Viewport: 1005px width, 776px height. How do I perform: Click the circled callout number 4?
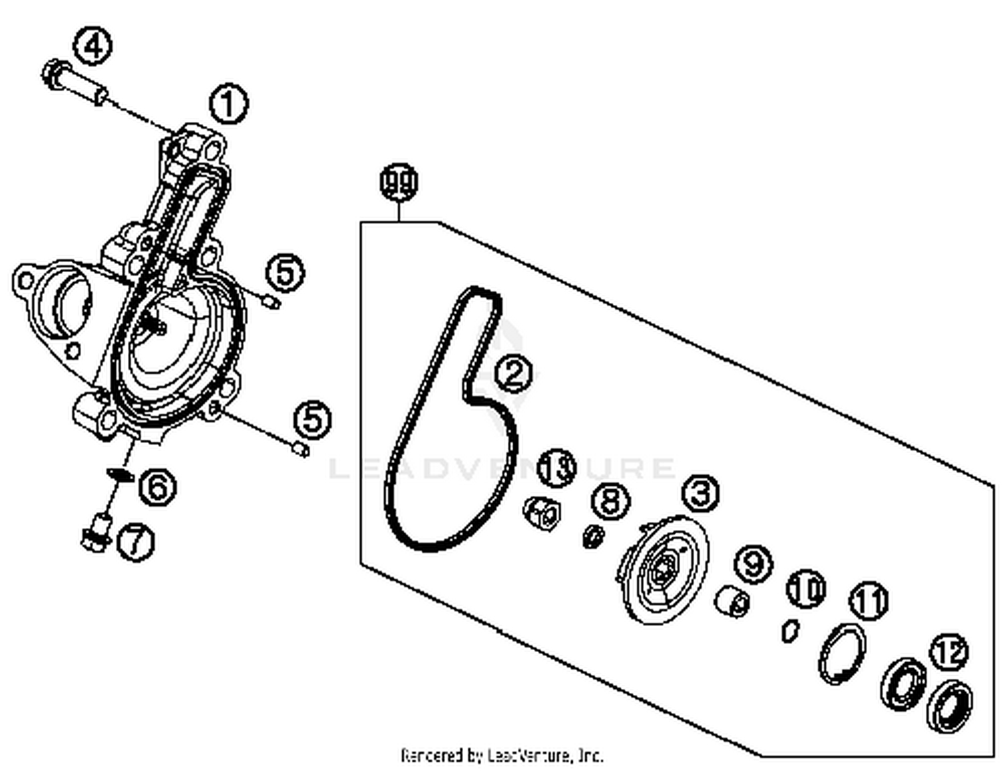click(93, 46)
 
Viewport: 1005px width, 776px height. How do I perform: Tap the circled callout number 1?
click(228, 105)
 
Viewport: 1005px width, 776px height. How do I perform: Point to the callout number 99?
click(399, 182)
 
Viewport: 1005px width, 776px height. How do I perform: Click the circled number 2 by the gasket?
click(514, 373)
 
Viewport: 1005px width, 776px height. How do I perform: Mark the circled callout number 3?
click(701, 493)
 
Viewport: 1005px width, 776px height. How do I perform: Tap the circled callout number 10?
click(806, 589)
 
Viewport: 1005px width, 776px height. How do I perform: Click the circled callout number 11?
click(869, 600)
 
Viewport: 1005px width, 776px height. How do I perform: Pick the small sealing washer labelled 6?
click(121, 474)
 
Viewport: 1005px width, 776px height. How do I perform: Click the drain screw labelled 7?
click(94, 530)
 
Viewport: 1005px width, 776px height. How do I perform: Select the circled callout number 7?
click(136, 541)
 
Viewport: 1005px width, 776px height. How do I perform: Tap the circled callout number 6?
click(158, 486)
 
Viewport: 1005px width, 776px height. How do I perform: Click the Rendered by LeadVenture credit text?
click(502, 755)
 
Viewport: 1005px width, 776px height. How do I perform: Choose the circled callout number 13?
click(557, 467)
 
